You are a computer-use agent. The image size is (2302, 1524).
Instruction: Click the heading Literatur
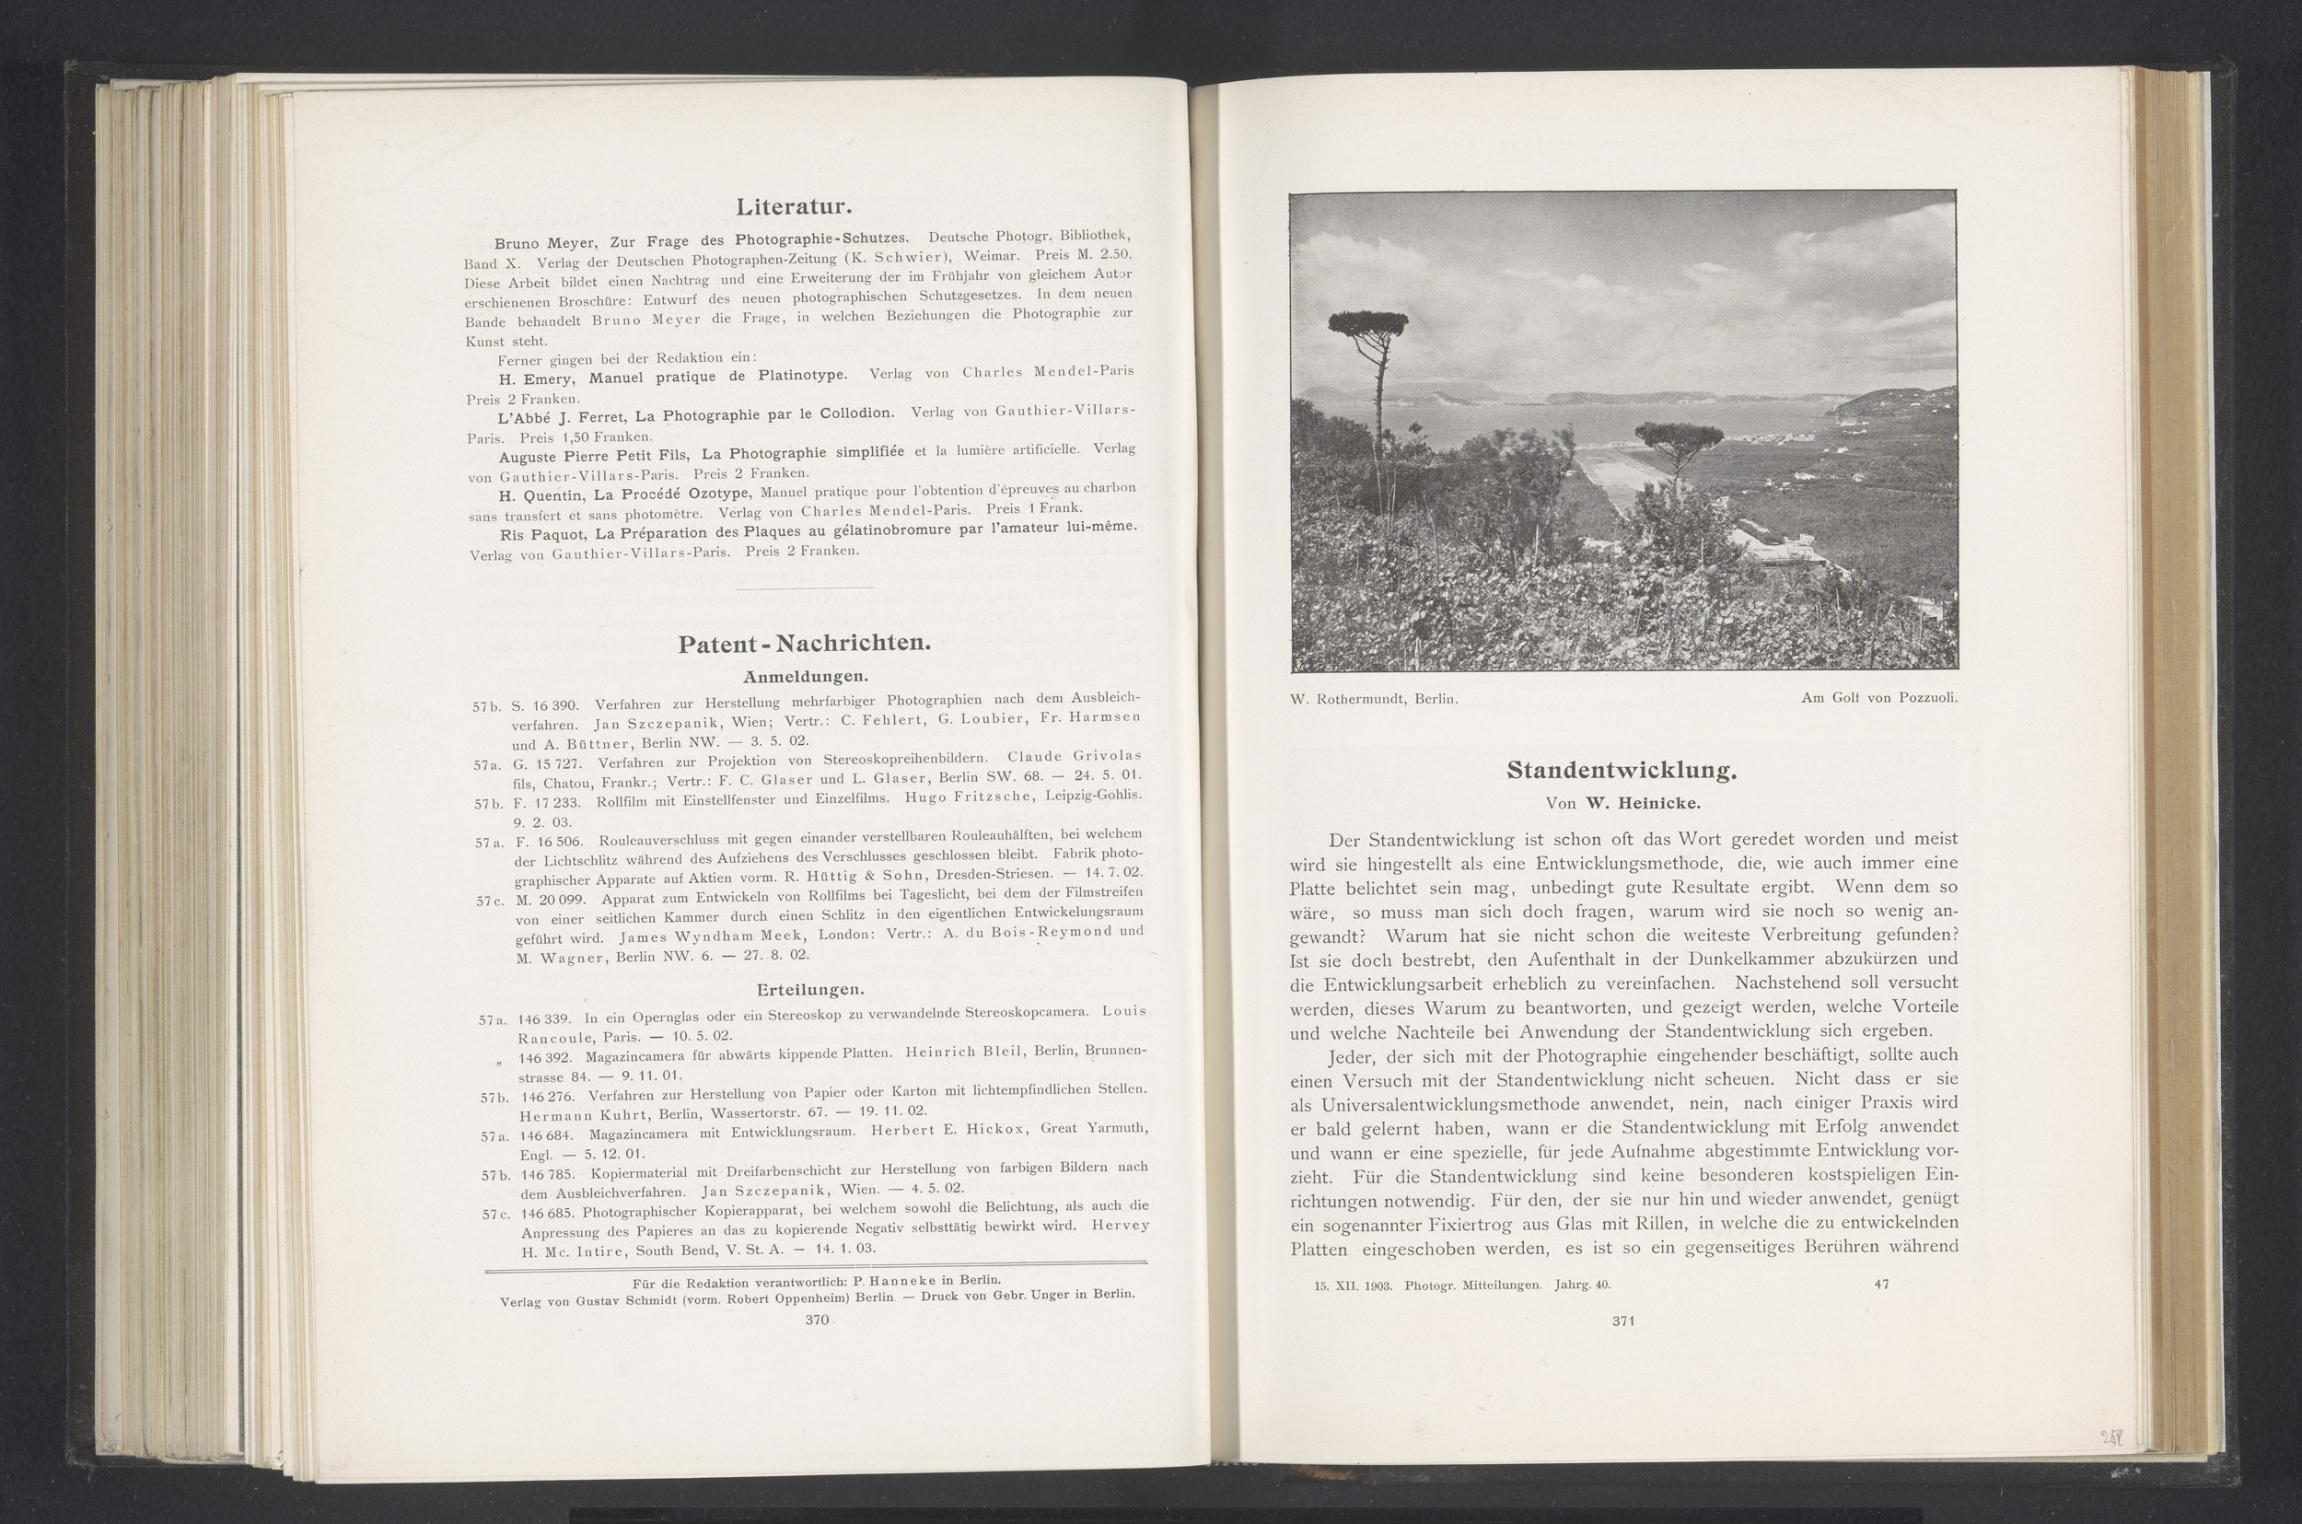(794, 208)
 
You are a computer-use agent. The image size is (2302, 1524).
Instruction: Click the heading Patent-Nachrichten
(804, 644)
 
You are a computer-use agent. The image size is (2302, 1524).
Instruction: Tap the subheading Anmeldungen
(806, 676)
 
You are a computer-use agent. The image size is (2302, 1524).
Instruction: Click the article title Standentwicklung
(1621, 771)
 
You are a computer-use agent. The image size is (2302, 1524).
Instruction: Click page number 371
(1623, 1320)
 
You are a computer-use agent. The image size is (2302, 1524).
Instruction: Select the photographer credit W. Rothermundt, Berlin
(1374, 698)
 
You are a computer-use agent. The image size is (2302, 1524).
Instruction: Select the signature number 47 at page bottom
(1881, 1284)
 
